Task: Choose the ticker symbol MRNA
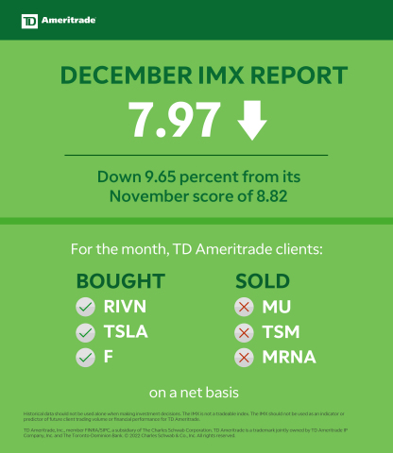(x=289, y=358)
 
